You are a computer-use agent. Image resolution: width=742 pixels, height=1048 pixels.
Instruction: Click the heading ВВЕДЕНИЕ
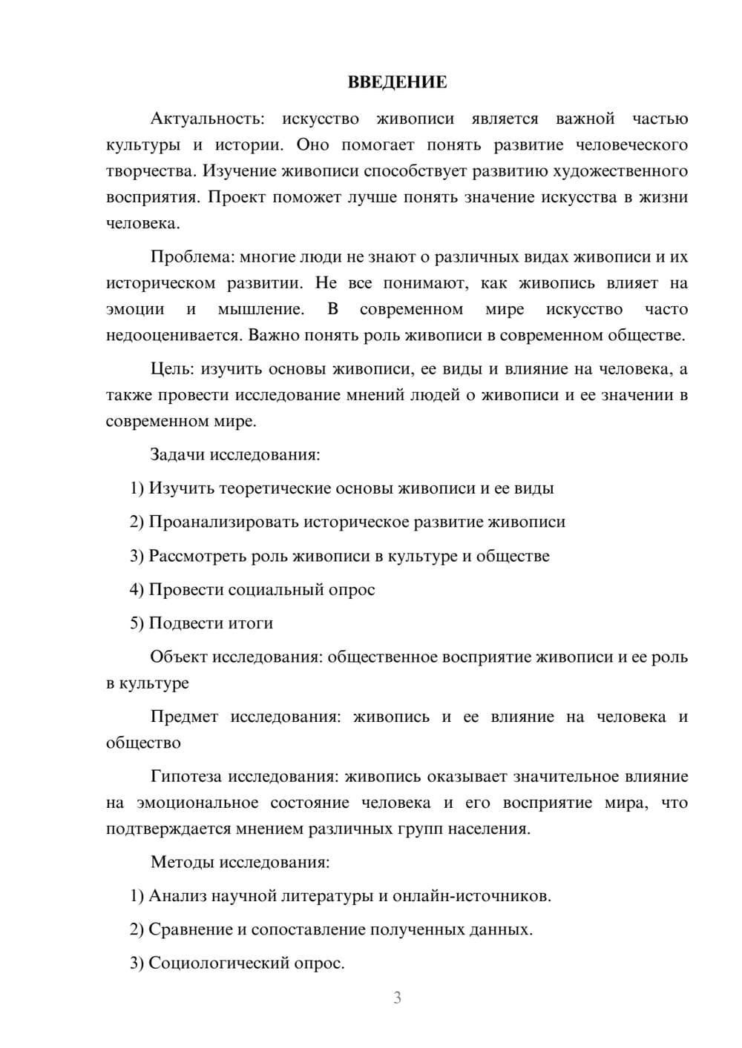[x=397, y=82]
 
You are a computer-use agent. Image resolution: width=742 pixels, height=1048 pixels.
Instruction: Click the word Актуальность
[x=206, y=119]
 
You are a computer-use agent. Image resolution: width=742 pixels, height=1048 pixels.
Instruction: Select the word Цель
[x=171, y=369]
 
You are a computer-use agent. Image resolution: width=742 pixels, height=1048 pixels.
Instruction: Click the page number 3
[x=397, y=998]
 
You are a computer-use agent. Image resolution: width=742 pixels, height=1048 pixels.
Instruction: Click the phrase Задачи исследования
[x=235, y=454]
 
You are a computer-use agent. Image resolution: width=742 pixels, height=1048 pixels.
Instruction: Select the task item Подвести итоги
[x=211, y=623]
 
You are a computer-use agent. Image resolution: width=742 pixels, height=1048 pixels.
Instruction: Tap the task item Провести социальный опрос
[x=261, y=590]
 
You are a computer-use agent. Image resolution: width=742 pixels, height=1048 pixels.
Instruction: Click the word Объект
[x=179, y=657]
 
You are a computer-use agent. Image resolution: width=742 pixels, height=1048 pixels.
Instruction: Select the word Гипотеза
[x=186, y=777]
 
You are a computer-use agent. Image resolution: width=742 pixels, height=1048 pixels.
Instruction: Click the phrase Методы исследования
[x=240, y=862]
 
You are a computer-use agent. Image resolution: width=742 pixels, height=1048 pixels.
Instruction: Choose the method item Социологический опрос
[x=246, y=964]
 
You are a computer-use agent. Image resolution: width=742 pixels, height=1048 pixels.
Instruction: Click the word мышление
[x=260, y=309]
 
